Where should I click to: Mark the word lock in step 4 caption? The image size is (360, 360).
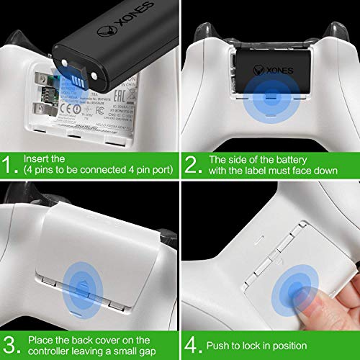click(260, 345)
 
